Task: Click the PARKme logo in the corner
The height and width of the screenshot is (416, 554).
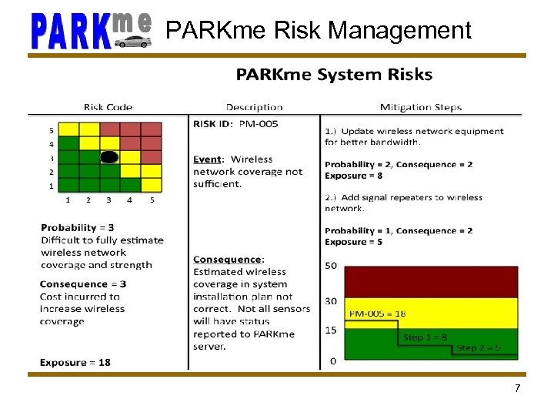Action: [x=92, y=31]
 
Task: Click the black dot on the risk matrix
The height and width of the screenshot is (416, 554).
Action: [x=110, y=157]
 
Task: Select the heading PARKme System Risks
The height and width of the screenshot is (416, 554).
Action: [x=334, y=75]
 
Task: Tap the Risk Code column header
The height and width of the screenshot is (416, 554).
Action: [x=108, y=107]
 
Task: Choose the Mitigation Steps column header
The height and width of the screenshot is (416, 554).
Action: [x=421, y=107]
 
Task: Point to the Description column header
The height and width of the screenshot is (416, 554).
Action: [x=254, y=107]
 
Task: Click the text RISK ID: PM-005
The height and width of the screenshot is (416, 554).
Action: [x=235, y=123]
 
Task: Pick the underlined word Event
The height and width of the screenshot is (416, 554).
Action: [x=207, y=159]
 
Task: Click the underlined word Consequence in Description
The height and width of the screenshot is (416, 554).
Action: [x=228, y=260]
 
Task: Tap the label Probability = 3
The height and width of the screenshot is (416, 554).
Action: [x=78, y=228]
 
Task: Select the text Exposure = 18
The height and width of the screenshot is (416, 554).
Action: [x=75, y=362]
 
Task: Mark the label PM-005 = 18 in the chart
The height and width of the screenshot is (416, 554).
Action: [x=377, y=314]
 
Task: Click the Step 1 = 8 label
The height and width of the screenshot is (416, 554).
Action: [x=425, y=337]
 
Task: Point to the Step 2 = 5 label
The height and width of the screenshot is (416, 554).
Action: [x=478, y=347]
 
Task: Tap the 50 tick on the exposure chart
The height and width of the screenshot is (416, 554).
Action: [x=332, y=266]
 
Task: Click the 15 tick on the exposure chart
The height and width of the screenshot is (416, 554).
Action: [x=332, y=330]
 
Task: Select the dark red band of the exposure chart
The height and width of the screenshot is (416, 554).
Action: [x=431, y=282]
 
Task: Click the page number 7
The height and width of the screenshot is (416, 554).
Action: [x=517, y=388]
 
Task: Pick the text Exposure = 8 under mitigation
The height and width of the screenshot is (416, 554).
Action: [x=354, y=176]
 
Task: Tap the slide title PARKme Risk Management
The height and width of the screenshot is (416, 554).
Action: [x=319, y=31]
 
